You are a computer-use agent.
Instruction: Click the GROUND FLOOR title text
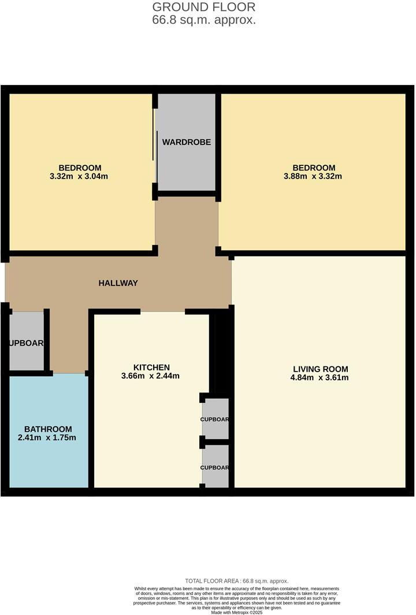coord(203,8)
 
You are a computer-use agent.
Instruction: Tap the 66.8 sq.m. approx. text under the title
coord(203,20)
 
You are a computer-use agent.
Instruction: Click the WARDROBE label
coord(186,142)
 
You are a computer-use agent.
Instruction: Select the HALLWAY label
coord(118,283)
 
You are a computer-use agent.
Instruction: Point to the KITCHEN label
coord(151,368)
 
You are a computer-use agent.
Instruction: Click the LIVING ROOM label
coord(320,369)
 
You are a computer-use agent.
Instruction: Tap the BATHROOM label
coord(48,429)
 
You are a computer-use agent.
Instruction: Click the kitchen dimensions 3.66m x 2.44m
coord(151,376)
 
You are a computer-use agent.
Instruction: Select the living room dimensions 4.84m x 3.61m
coord(320,378)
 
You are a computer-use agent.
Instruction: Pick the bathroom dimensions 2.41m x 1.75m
coord(48,438)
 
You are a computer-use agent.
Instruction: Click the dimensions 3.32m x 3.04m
coord(80,176)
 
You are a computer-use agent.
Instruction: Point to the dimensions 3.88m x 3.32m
coord(313,176)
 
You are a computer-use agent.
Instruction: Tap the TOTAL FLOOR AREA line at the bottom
coord(236,581)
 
